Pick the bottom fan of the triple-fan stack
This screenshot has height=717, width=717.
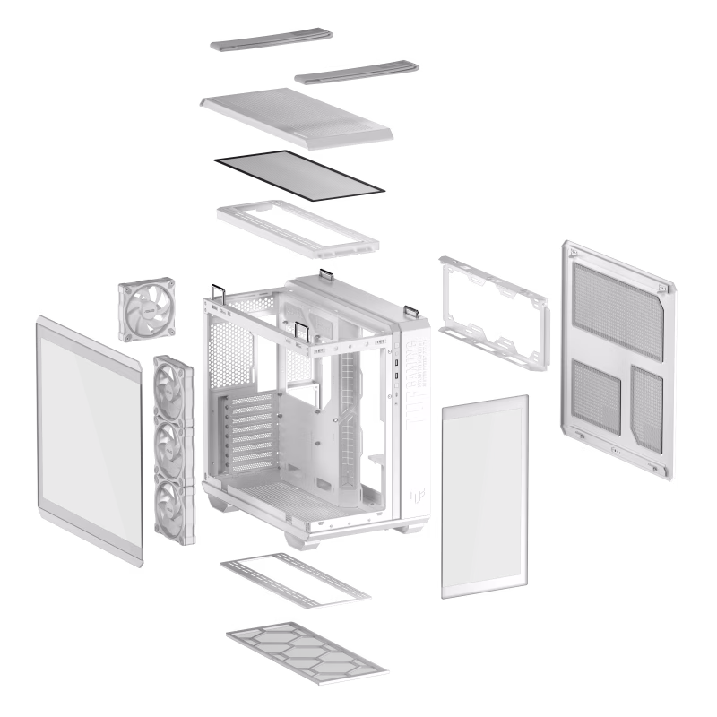pyautogui.click(x=174, y=506)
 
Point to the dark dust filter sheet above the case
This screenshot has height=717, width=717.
pyautogui.click(x=299, y=172)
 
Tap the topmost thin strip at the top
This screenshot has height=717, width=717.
pyautogui.click(x=272, y=40)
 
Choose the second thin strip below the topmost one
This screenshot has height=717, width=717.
pyautogui.click(x=356, y=72)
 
